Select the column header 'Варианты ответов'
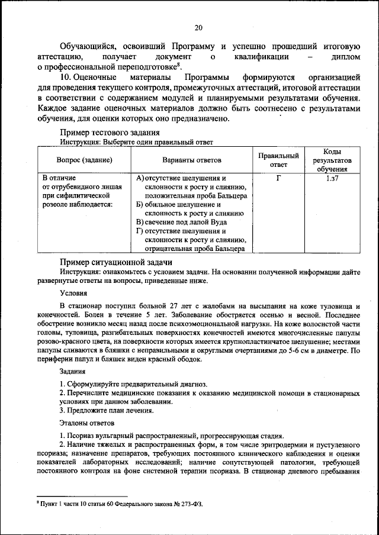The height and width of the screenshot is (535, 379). tap(192, 160)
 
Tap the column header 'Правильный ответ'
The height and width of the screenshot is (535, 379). tap(278, 160)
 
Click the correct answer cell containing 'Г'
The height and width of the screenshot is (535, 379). tap(278, 178)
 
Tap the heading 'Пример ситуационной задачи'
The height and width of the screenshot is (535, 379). tap(116, 262)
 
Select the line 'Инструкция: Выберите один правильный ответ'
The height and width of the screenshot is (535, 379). tap(137, 143)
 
